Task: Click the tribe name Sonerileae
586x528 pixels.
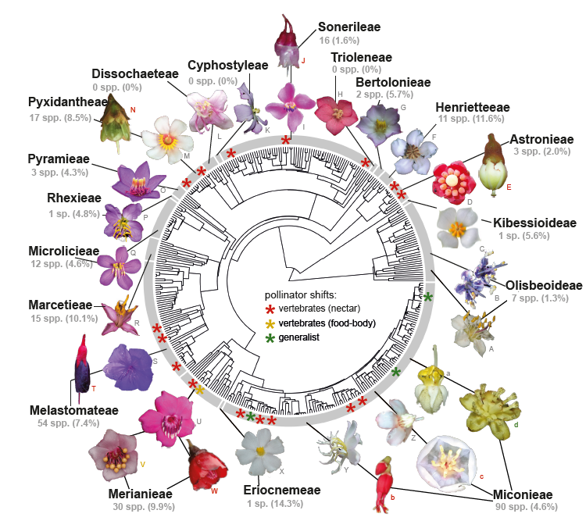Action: pos(348,27)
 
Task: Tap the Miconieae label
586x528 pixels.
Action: pos(523,494)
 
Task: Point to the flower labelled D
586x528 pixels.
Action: pos(452,182)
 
